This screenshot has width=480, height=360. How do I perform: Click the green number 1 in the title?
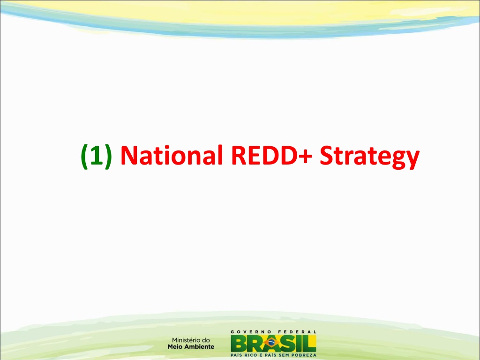coord(96,156)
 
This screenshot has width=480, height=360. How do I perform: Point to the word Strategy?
coord(369,157)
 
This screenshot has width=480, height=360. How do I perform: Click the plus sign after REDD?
coord(306,157)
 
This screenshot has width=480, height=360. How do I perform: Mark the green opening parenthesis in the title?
coord(84,156)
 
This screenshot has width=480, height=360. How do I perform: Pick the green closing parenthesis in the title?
coord(108,156)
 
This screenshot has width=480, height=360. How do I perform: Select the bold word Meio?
coord(175,347)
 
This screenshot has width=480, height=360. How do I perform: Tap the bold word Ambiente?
coord(199,347)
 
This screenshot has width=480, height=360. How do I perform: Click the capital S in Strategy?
coord(326,156)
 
